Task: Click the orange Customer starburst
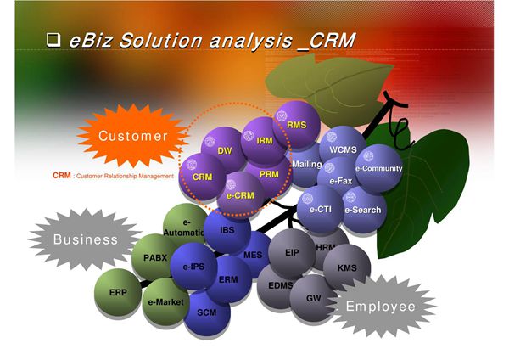point(132,136)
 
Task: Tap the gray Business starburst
point(86,239)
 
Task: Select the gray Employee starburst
point(379,307)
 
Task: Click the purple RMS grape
point(297,125)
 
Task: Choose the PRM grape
point(269,175)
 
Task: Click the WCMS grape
point(343,150)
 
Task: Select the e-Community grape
point(378,168)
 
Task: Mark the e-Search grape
point(362,210)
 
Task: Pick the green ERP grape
point(118,292)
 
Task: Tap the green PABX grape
point(154,257)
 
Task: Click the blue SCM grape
point(207,312)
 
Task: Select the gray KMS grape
point(347,267)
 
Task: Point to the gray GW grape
point(312,299)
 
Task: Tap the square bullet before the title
point(53,39)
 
